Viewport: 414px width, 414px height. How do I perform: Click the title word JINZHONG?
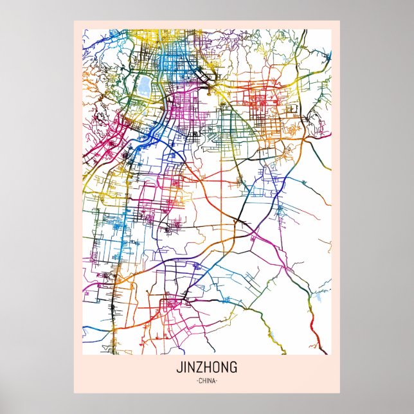[x=206, y=368]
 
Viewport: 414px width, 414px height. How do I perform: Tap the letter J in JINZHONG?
[x=178, y=368]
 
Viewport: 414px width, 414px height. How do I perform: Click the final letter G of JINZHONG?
[x=233, y=368]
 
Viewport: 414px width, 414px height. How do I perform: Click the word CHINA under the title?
[x=206, y=381]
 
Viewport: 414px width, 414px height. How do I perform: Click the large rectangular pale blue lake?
[x=144, y=85]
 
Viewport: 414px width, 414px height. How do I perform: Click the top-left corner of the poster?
[x=74, y=21]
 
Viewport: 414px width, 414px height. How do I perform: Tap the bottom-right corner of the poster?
[x=340, y=393]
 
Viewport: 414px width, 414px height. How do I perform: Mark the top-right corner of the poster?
[x=340, y=21]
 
